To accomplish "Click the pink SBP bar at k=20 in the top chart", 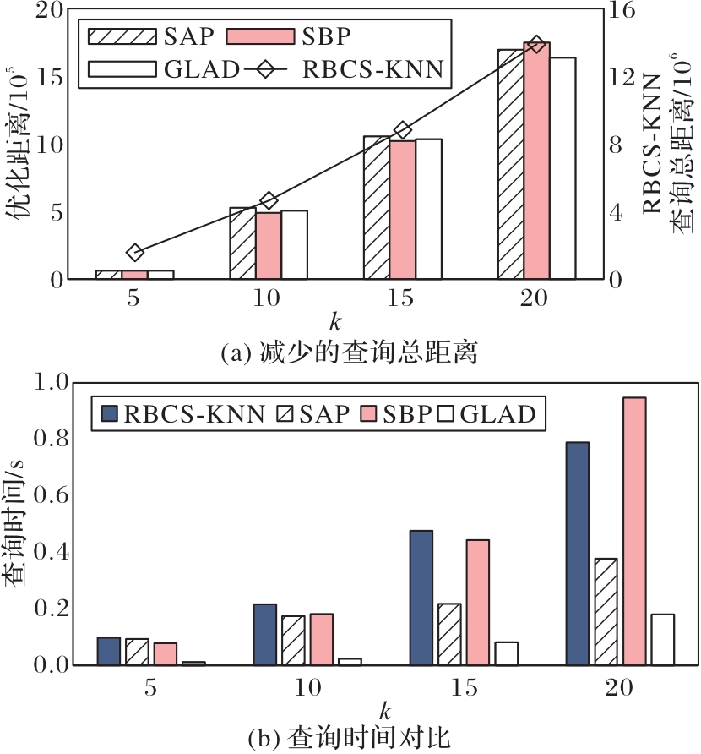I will tap(536, 161).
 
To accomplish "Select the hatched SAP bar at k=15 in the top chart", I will tap(377, 207).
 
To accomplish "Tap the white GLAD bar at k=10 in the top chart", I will tap(294, 244).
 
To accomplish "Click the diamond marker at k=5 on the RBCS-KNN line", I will tap(135, 252).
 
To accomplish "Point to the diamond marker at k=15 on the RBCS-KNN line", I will tap(403, 129).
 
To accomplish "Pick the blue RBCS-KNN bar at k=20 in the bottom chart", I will tap(576, 554).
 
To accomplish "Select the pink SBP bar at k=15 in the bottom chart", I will tap(477, 602).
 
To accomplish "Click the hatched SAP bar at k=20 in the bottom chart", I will tap(606, 612).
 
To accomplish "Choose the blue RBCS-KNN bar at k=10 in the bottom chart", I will tap(264, 635).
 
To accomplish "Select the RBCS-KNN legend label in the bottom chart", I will tap(194, 413).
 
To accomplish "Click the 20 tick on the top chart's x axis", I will tap(535, 298).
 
